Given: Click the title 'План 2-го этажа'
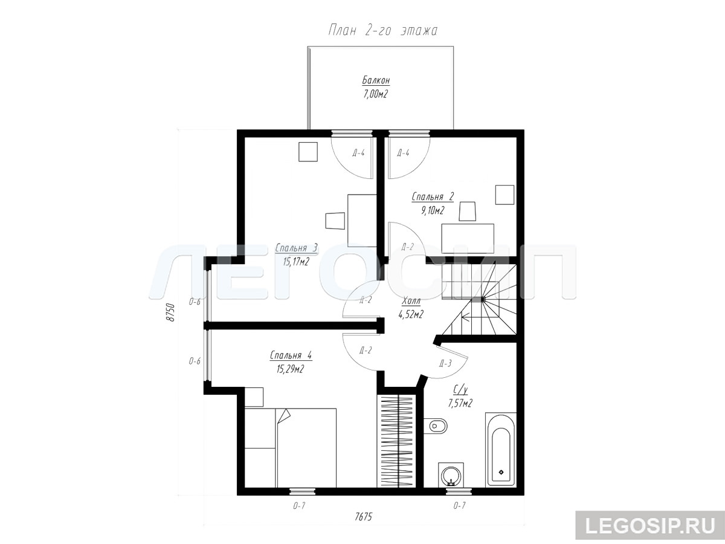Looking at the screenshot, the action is point(382,31).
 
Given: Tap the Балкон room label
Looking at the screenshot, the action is point(376,80).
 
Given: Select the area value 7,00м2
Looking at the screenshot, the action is point(375,94).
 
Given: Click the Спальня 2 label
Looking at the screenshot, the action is point(433,197).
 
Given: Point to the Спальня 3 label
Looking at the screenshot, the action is point(296,248).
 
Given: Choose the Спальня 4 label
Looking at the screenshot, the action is point(291,355).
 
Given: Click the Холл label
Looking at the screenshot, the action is point(411,301).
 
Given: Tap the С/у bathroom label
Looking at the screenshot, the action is point(460,390).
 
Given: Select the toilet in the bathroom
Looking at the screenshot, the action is point(436,426).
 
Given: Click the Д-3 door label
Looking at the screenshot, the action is point(445,364).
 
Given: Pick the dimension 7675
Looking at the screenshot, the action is point(363,517).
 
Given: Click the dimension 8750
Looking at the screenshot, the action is point(170,312).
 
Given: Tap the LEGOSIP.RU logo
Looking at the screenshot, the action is point(650,525).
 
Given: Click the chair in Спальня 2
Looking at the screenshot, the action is point(467,212).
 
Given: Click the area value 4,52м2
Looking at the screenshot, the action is point(411,314).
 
